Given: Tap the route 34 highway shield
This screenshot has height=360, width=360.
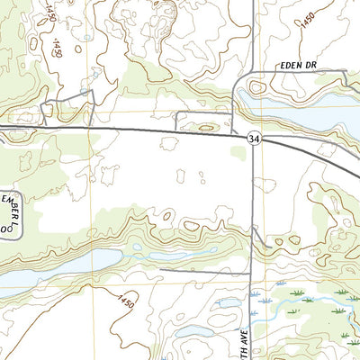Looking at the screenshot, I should pyautogui.click(x=256, y=138).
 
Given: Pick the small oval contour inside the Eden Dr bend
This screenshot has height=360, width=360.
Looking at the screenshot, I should pyautogui.click(x=256, y=88).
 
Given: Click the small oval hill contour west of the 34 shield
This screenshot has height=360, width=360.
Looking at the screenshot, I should pyautogui.click(x=208, y=128).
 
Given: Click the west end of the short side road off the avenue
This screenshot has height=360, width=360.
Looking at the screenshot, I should pyautogui.click(x=162, y=267).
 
